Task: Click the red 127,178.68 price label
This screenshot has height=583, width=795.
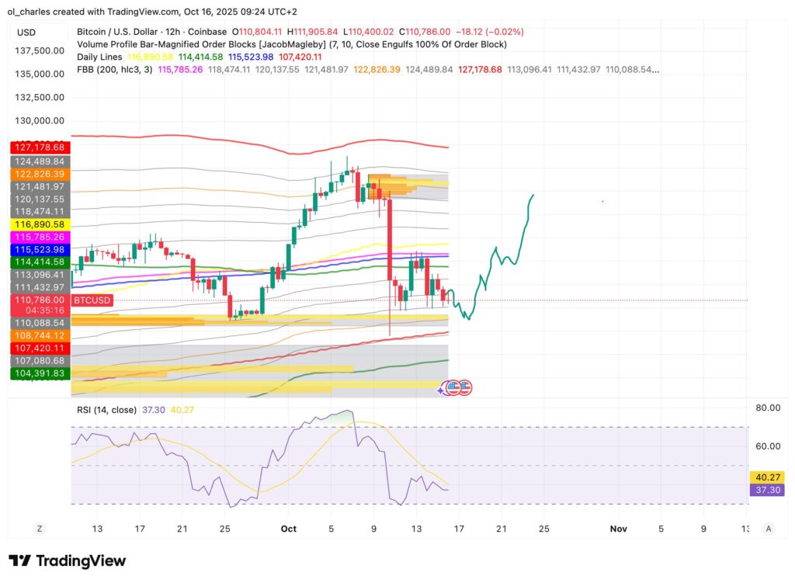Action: coord(39,147)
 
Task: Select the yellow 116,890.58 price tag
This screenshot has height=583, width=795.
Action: coord(39,224)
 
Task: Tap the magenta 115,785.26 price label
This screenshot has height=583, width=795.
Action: coord(39,236)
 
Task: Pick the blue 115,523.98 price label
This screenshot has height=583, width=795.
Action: coord(39,249)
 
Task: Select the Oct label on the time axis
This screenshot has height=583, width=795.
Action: coord(289,529)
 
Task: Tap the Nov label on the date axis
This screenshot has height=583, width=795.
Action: coord(618,529)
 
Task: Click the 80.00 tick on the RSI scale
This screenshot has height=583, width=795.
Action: coord(768,408)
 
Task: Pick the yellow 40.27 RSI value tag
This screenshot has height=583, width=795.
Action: coord(768,477)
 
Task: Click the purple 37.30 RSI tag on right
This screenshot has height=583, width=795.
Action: coord(768,490)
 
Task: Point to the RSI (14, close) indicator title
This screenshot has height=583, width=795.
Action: coord(106,410)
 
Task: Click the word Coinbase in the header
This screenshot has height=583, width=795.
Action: coord(207,32)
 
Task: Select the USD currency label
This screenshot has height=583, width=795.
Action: coord(26,32)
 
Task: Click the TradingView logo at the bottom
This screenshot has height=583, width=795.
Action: coord(67,560)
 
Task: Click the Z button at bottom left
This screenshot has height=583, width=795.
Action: coord(39,529)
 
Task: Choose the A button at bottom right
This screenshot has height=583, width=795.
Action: coord(768,529)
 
